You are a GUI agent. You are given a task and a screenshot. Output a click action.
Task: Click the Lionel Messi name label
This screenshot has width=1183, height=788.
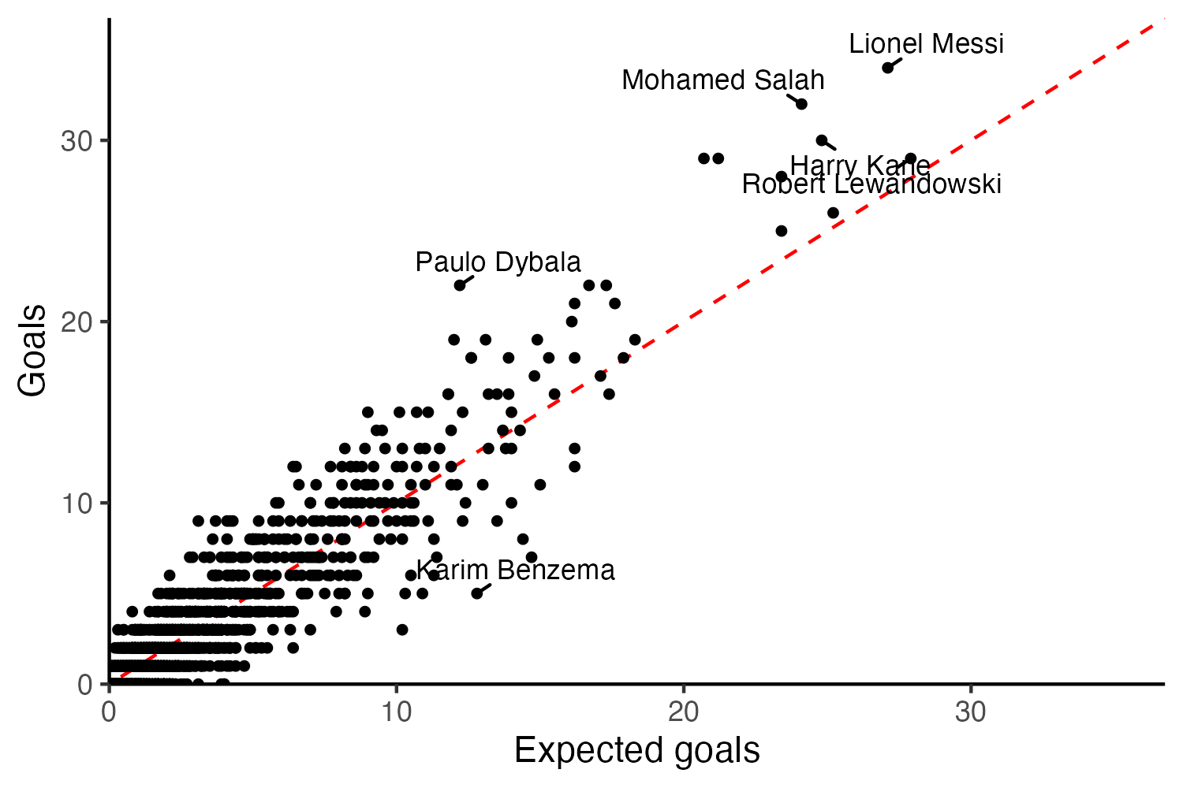click(x=926, y=43)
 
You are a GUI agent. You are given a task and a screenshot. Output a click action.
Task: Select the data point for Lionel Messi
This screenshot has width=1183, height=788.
click(x=887, y=68)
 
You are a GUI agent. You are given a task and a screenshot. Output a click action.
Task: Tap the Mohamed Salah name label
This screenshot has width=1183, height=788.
click(x=722, y=80)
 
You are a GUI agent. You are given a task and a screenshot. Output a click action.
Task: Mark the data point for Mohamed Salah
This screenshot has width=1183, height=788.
click(x=801, y=104)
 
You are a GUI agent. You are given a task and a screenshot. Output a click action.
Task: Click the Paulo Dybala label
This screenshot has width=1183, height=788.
click(x=498, y=262)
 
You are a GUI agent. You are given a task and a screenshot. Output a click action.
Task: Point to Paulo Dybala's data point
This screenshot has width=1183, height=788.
click(x=459, y=285)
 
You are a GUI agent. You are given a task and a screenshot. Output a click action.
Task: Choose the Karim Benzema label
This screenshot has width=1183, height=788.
click(x=515, y=570)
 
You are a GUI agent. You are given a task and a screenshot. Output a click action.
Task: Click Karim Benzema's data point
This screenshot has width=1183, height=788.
click(x=476, y=593)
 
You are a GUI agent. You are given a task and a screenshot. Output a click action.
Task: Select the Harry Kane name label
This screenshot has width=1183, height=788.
click(x=860, y=166)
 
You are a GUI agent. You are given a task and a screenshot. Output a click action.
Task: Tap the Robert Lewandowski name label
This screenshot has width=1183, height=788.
click(x=871, y=184)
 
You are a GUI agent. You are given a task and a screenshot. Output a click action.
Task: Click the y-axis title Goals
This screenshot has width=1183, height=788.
click(x=33, y=351)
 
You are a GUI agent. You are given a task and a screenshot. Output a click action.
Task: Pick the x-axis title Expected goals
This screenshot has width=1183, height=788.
click(x=636, y=750)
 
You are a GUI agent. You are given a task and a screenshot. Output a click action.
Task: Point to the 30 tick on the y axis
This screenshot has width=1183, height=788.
click(x=75, y=141)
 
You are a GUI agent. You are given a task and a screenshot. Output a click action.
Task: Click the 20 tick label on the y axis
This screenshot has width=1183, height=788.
click(x=75, y=322)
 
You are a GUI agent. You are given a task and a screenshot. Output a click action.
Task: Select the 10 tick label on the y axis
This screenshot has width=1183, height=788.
click(x=75, y=504)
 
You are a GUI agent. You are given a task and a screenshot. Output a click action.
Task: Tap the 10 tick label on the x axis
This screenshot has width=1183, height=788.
click(x=396, y=712)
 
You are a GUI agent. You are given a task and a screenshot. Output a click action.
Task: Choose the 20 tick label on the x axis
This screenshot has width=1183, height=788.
click(x=683, y=712)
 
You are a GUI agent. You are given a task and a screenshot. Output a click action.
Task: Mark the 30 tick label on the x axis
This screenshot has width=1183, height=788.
click(x=970, y=712)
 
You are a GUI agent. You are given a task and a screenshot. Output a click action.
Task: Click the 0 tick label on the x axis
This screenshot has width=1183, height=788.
click(x=109, y=712)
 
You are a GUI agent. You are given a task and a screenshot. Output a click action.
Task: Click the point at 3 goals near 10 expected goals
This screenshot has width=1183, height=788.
click(x=402, y=630)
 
